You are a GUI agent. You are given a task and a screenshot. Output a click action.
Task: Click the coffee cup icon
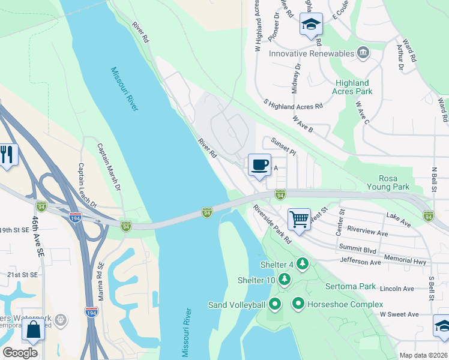click(259, 164)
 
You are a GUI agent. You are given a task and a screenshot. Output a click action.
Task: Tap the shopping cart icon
click(298, 218)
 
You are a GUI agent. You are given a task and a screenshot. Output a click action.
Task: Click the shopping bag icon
click(32, 329)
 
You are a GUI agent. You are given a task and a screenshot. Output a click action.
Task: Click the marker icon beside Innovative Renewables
click(363, 53)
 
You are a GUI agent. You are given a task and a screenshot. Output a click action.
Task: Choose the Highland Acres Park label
click(352, 87)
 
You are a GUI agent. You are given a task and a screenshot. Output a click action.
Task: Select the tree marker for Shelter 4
click(303, 264)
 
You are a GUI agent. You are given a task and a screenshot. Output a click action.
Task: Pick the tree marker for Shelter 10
click(285, 280)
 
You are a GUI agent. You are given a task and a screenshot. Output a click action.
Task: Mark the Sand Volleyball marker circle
click(275, 305)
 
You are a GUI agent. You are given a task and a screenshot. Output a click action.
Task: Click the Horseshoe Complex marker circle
click(298, 304)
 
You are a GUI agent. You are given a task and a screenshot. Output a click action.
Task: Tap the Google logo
click(20, 353)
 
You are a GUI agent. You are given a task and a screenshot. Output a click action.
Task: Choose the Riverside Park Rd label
click(271, 224)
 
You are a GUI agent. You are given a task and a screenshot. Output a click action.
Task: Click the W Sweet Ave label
click(399, 314)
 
